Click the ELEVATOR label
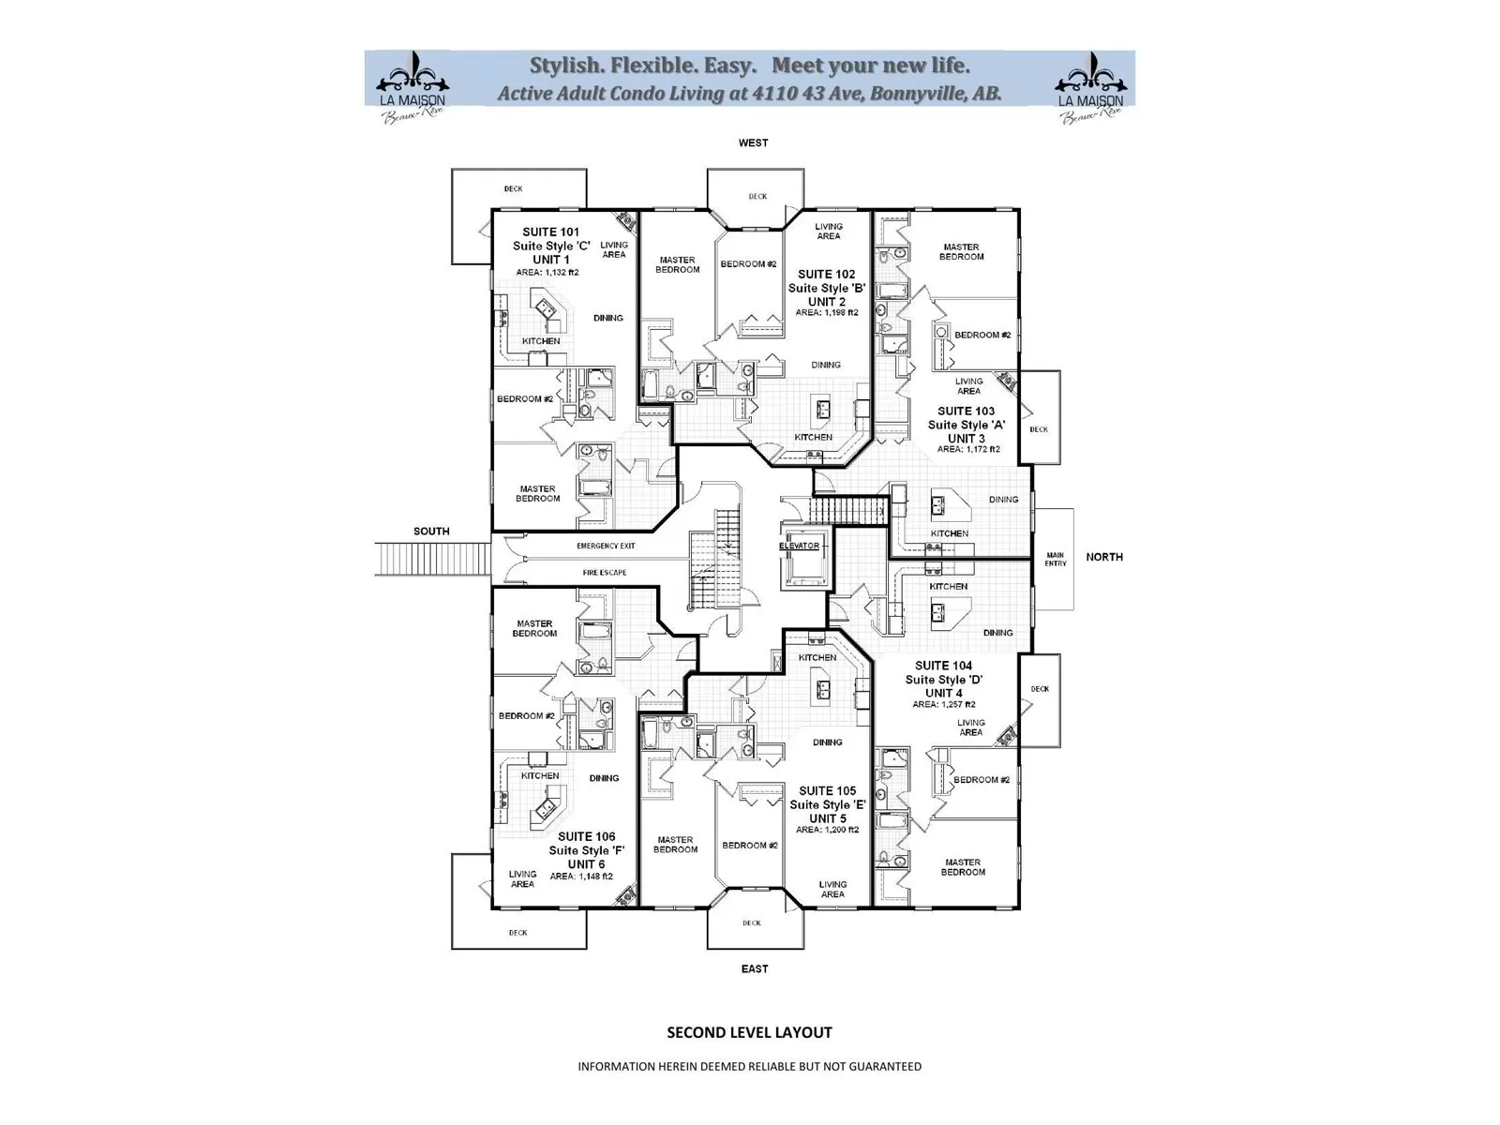[x=799, y=546]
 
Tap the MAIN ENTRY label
[x=1055, y=559]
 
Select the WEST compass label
[x=753, y=143]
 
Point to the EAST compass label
[x=755, y=968]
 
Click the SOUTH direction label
[x=431, y=532]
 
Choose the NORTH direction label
[x=1104, y=557]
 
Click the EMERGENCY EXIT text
[x=606, y=546]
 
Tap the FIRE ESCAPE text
[x=605, y=573]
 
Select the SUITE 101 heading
[x=551, y=232]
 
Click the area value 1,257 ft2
[x=944, y=704]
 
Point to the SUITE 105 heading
[x=828, y=791]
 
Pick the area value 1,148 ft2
[x=581, y=877]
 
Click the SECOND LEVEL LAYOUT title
[x=749, y=1032]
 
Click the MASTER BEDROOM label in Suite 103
[x=962, y=252]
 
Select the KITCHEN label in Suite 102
[x=813, y=437]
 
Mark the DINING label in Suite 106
[x=605, y=778]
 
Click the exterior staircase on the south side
[x=432, y=559]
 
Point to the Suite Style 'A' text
[x=967, y=425]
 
